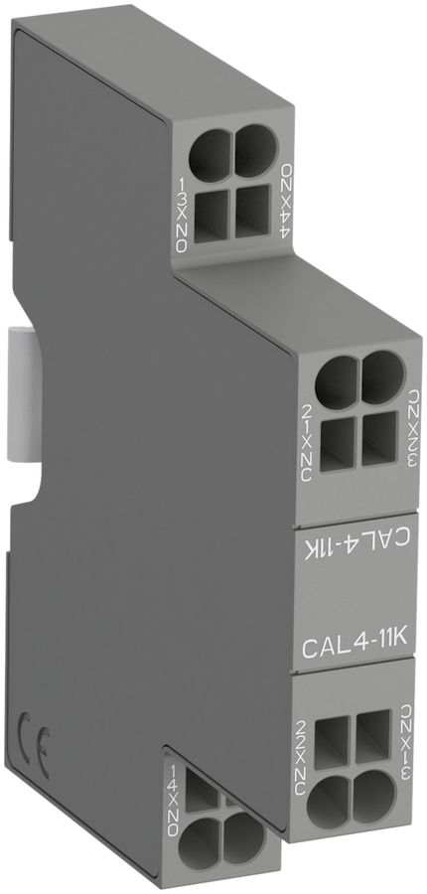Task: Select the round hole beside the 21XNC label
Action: pos(333,379)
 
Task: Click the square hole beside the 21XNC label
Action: pos(333,441)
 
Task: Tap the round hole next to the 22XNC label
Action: pos(330,804)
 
